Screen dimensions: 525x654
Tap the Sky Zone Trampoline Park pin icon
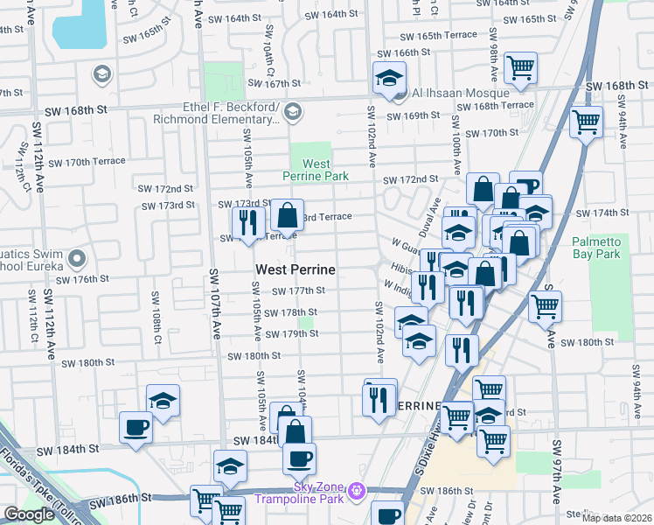356,493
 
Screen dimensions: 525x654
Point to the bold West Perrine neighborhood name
296,269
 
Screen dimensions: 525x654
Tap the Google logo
29,514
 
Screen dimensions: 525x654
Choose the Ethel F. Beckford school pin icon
293,111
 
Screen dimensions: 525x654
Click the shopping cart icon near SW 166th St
520,67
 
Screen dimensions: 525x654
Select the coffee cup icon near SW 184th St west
136,428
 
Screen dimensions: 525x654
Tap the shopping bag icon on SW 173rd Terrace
287,214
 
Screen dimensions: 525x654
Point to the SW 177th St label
298,291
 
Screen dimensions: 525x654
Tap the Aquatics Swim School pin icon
78,259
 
